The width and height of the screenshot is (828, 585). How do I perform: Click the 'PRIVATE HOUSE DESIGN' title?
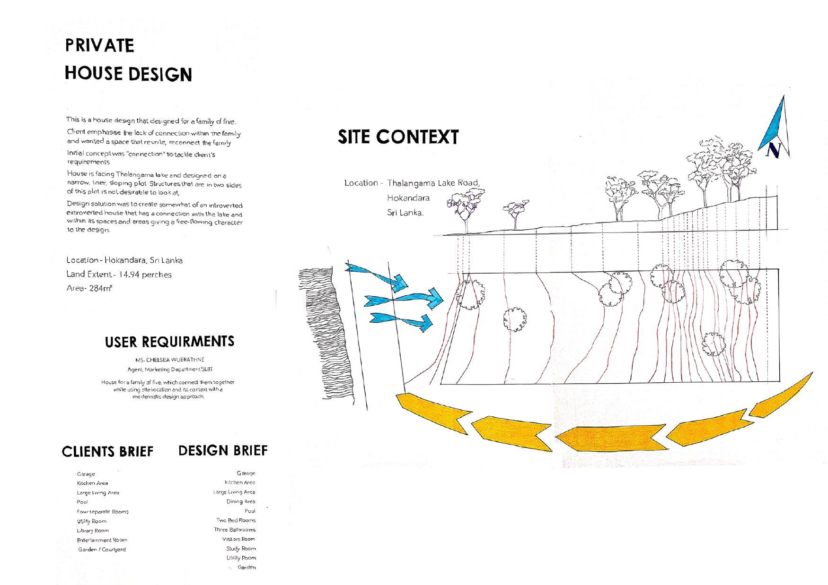click(x=128, y=60)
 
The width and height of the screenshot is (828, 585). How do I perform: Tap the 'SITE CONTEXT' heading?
click(x=398, y=137)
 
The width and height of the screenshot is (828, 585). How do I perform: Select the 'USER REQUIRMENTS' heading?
click(x=169, y=342)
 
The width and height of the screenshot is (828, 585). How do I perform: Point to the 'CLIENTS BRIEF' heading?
click(x=108, y=451)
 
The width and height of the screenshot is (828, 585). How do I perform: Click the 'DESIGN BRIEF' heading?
click(x=223, y=450)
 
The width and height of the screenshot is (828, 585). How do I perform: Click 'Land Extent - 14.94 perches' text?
click(x=119, y=274)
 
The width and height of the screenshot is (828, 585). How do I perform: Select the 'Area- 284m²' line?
click(x=89, y=288)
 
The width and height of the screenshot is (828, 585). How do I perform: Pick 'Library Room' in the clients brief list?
click(x=93, y=531)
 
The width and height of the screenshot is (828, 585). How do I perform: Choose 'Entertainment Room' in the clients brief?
click(x=102, y=540)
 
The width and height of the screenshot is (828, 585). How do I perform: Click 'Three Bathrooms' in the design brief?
click(x=235, y=530)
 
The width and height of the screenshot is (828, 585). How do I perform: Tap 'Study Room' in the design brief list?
click(x=241, y=549)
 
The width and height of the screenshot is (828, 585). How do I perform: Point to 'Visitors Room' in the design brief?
click(x=238, y=539)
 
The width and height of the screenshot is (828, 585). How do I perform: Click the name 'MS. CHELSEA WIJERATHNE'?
click(x=169, y=360)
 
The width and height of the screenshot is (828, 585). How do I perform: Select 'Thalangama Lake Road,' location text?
click(x=433, y=183)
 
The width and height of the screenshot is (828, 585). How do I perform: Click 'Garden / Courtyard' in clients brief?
click(x=102, y=550)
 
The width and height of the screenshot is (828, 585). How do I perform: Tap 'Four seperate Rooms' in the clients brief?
click(x=103, y=512)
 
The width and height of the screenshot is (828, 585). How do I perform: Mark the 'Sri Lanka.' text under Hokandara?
click(x=405, y=213)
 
